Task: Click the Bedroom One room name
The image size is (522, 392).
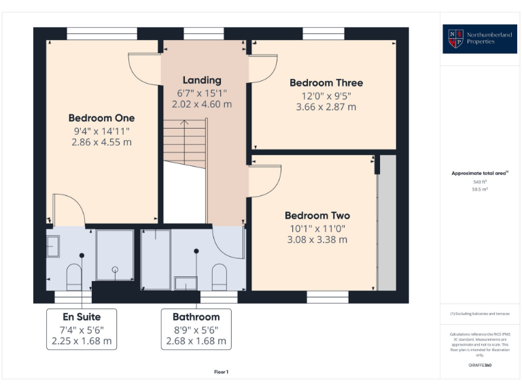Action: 101,118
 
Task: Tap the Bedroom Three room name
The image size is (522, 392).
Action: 326,82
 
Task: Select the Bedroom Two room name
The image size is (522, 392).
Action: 317,216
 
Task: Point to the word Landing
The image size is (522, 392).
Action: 202,80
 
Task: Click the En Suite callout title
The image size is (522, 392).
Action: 82,316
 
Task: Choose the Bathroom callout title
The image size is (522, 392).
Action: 196,316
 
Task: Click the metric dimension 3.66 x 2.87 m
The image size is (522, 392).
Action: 326,107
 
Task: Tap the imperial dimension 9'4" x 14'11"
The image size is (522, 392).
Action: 101,130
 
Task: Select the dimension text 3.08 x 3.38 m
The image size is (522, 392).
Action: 317,240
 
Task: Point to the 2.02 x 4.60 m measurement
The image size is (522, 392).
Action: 202,104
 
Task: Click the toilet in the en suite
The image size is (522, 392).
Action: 74,276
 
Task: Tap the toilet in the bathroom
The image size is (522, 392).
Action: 219,276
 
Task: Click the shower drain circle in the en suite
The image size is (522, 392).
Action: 115,269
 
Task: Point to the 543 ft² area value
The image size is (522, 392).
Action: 481,182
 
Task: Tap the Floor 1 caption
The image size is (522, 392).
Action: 221,372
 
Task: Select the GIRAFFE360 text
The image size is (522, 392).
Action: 480,365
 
